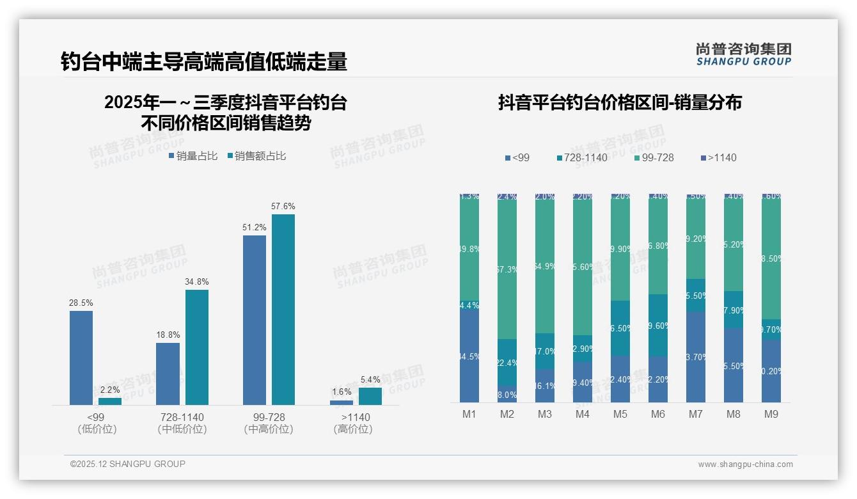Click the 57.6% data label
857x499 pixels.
pos(283,207)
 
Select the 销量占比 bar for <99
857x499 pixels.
pos(81,358)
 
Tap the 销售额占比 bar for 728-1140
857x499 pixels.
pos(197,347)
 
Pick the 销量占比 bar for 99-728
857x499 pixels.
pos(255,320)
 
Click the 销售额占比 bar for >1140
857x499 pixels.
pos(370,396)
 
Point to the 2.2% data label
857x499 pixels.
pos(110,390)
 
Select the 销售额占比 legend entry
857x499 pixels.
pos(256,156)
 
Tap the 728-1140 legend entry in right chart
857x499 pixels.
pos(581,157)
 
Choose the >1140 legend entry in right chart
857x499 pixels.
pos(718,157)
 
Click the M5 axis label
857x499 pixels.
pos(620,415)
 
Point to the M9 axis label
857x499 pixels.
pos(771,415)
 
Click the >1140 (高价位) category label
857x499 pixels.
pos(353,423)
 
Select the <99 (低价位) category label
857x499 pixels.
pos(97,423)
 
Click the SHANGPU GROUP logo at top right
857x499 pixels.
pos(743,54)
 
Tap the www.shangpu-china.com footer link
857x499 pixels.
pos(745,464)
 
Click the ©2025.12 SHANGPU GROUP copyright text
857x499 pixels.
pos(128,464)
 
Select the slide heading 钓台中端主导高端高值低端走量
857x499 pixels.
pos(203,61)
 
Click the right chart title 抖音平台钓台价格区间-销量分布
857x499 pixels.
pos(620,102)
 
